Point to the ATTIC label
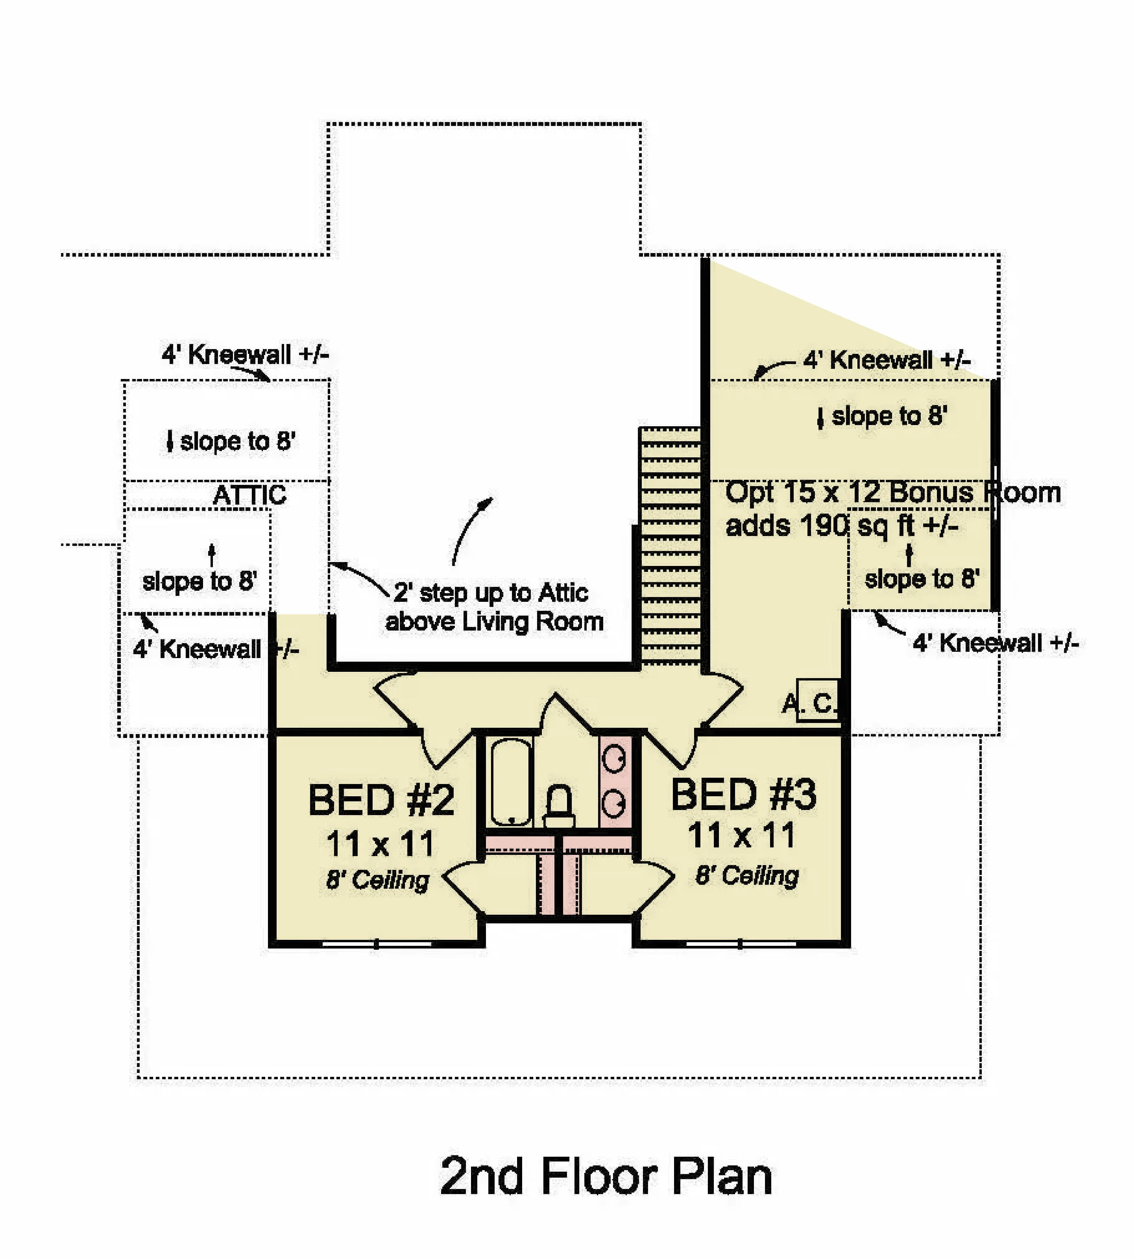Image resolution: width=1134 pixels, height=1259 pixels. click(x=250, y=496)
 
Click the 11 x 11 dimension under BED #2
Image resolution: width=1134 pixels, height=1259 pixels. click(x=380, y=844)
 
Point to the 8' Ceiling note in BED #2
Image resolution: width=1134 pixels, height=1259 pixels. click(x=378, y=881)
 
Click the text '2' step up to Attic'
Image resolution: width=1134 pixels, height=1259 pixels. click(x=491, y=593)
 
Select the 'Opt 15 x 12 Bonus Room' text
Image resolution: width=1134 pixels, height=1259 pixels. click(x=893, y=492)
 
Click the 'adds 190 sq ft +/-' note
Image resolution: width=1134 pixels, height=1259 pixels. click(x=842, y=526)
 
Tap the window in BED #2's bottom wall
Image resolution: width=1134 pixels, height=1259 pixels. click(x=377, y=944)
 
